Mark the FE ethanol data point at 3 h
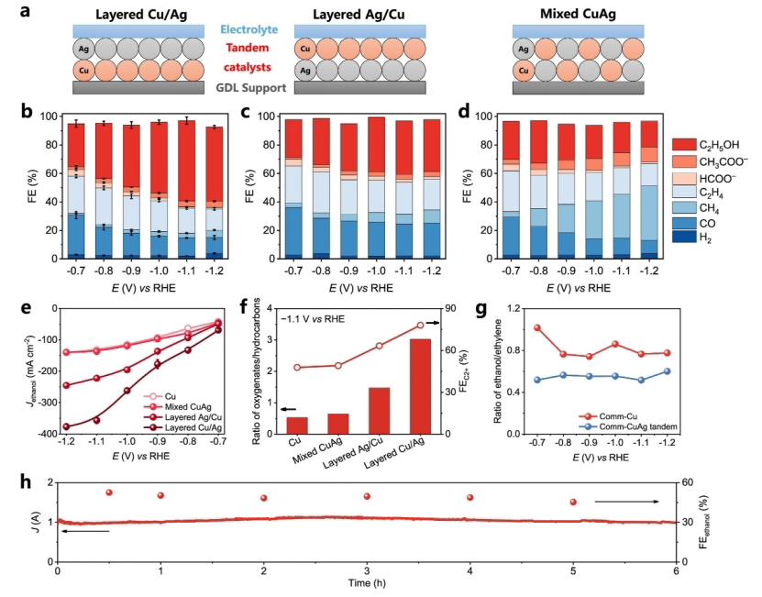(x=367, y=496)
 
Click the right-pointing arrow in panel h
(x=627, y=502)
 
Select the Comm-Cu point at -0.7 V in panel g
(x=537, y=327)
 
